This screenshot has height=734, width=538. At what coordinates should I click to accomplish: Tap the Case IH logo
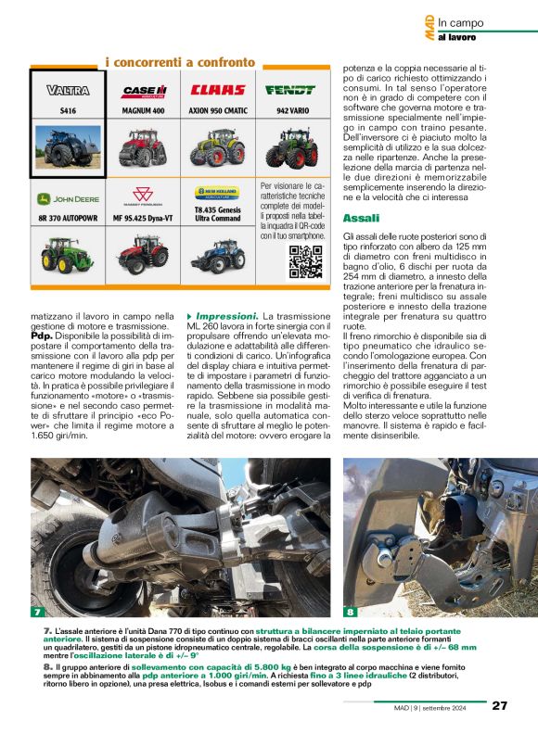coord(144,91)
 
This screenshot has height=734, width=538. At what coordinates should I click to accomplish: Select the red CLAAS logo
coord(218,90)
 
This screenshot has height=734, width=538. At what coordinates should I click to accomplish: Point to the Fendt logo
coord(290,90)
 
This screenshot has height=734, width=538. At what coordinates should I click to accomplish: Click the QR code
coord(305,262)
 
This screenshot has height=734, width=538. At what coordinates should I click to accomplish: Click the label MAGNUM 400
coord(143,110)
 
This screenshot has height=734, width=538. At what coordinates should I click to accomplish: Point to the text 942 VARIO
coord(290,110)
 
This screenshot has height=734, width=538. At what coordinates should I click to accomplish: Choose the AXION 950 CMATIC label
coord(218,110)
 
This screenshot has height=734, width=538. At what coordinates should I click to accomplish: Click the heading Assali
coord(361,218)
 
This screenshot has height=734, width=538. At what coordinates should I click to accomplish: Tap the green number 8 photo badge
coord(351,612)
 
